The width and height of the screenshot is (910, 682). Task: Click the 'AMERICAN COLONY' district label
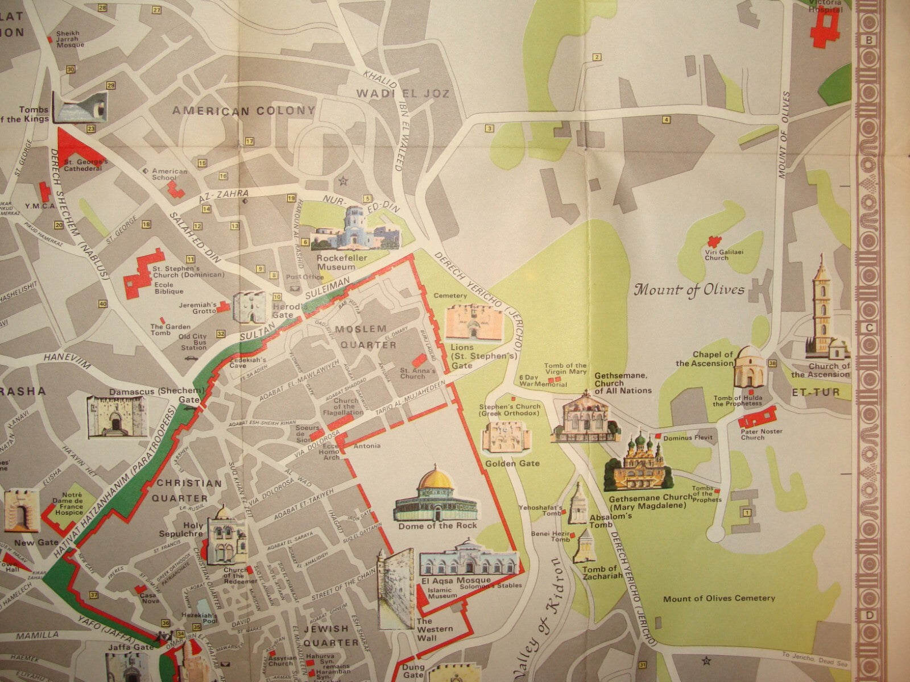point(244,111)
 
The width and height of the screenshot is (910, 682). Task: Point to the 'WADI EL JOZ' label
point(403,94)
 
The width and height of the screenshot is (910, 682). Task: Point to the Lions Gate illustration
point(470,322)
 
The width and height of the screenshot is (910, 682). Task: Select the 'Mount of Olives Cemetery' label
point(719,598)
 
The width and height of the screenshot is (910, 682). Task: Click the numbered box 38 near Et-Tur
point(772,363)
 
